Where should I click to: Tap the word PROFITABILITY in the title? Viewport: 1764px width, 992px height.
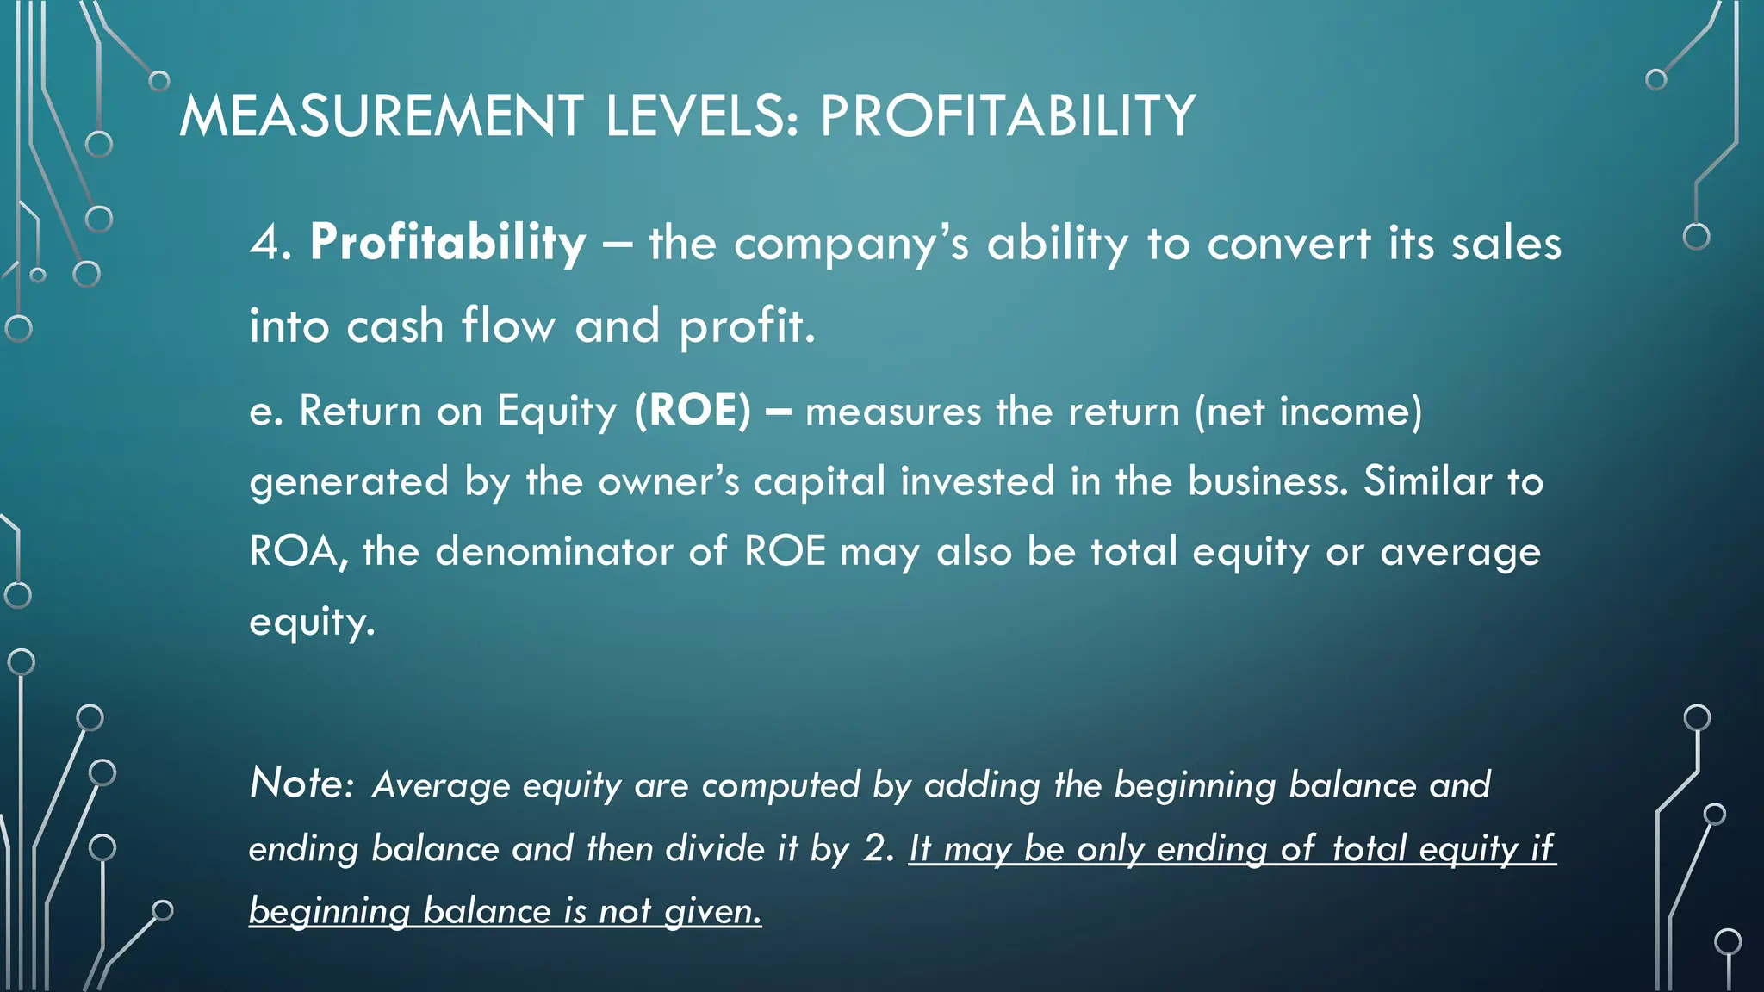click(x=1007, y=116)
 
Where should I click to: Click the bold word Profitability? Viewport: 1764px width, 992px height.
click(x=448, y=243)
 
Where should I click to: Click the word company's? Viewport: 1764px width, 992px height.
click(x=852, y=245)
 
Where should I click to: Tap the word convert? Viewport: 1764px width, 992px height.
click(x=1289, y=243)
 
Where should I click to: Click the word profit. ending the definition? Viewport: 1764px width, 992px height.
click(x=747, y=327)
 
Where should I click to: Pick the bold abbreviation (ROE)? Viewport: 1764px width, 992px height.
click(x=693, y=410)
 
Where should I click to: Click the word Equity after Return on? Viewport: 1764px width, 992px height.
click(x=557, y=412)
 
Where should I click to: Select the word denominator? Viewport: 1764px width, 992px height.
click(x=554, y=551)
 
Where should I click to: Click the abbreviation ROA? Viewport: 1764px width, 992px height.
click(x=298, y=552)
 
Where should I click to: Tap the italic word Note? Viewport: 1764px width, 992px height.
click(x=301, y=783)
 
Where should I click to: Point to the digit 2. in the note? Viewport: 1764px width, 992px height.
click(x=879, y=848)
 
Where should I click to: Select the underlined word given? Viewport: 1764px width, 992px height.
click(x=713, y=911)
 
